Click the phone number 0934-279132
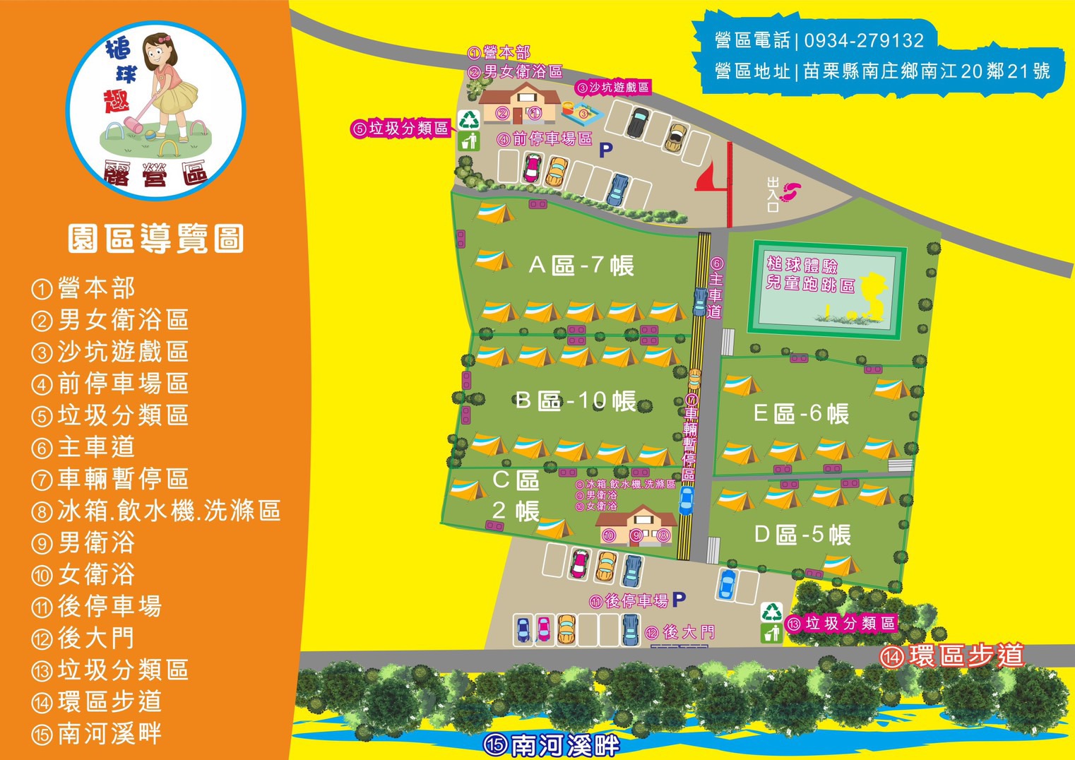pos(864,40)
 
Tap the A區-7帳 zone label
pos(581,266)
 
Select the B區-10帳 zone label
pos(576,401)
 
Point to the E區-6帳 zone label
pos(801,414)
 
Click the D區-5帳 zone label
pos(802,535)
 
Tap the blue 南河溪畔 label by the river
pos(552,745)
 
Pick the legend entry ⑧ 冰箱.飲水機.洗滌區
pos(156,511)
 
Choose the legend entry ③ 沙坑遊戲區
pos(110,352)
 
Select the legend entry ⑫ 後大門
pos(83,638)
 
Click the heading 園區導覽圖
pos(156,239)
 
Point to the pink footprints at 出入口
pos(792,191)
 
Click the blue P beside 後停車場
pos(679,600)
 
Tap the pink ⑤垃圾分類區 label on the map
pos(400,129)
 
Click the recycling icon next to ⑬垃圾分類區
pos(771,612)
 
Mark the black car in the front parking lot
pos(638,123)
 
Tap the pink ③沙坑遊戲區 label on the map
pos(612,88)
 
